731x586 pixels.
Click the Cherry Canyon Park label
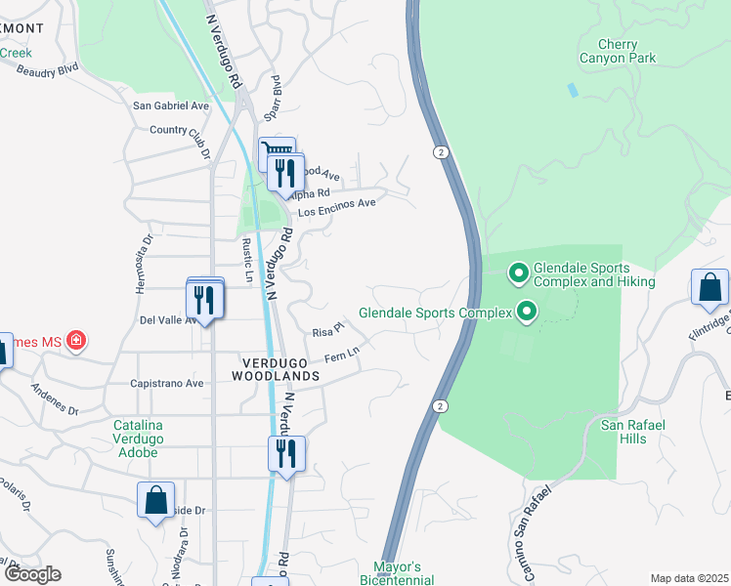[619, 51]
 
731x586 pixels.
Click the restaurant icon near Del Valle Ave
[205, 298]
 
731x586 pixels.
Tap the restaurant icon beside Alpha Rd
[284, 174]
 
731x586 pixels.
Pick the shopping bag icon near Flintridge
[709, 288]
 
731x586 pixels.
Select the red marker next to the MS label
[76, 342]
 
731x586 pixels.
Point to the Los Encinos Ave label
[336, 207]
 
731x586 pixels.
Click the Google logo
[31, 574]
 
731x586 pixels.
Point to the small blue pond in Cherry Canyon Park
[572, 90]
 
